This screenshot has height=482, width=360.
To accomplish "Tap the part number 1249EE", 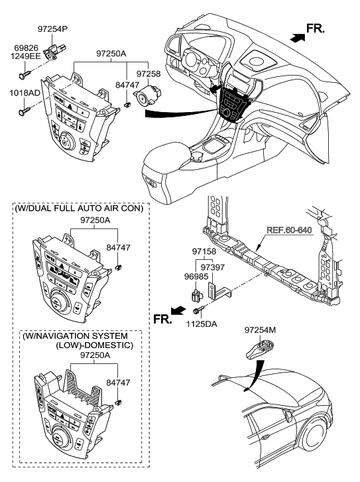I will tap(25, 58).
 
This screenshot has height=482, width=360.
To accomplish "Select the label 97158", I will tap(205, 252).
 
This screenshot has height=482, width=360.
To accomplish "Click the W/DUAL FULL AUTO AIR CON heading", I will tap(78, 208).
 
